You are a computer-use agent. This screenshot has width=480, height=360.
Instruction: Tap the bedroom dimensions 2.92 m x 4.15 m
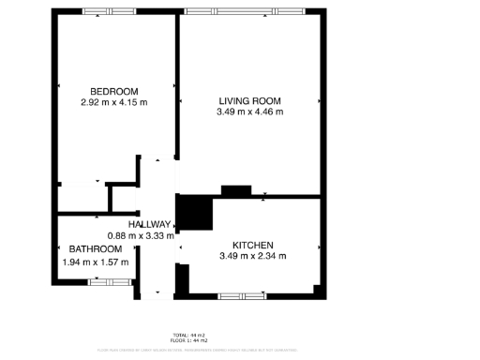(x=113, y=102)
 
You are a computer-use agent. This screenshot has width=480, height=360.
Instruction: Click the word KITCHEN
(x=252, y=245)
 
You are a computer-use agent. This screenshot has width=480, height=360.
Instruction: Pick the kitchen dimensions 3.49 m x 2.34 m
(x=252, y=256)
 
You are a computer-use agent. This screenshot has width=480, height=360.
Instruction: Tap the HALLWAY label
(x=150, y=225)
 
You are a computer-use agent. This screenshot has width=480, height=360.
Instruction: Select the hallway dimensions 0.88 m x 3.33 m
(x=141, y=236)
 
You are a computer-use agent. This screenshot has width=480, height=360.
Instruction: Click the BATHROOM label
(x=95, y=249)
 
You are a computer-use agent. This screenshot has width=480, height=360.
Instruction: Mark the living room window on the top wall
(x=244, y=10)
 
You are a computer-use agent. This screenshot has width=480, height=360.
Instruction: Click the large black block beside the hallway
(x=195, y=212)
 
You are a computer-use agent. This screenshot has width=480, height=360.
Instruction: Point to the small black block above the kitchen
(x=235, y=191)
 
